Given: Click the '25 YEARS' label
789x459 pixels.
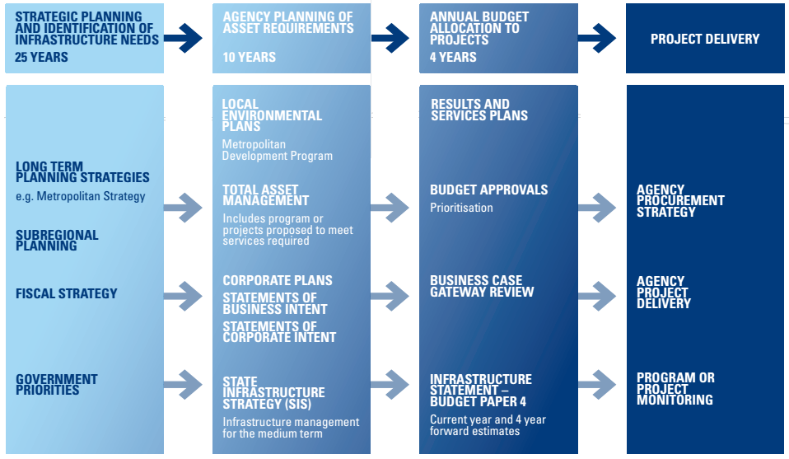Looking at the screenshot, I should pos(42,58).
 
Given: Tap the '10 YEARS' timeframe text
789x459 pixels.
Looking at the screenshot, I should pos(250,58).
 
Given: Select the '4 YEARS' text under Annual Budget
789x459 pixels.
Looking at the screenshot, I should pos(453,58).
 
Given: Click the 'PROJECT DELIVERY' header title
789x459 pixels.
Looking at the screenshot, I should pos(705,39).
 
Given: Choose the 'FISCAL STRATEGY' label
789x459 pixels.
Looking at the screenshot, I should pos(66,293).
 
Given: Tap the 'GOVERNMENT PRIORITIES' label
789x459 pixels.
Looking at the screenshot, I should pos(56,385).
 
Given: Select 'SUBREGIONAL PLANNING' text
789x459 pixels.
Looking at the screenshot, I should pos(57,241).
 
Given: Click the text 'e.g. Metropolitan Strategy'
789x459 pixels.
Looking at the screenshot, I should pos(81,196).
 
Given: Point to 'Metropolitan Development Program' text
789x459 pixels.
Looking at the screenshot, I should pos(278,150).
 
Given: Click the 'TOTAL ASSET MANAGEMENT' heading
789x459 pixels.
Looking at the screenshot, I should pos(266,195).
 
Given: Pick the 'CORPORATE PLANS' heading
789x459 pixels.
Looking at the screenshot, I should pos(278,280).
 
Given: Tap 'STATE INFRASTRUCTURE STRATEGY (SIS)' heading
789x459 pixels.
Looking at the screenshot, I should pos(273,393).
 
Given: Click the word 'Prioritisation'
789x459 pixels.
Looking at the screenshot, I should pos(461,208).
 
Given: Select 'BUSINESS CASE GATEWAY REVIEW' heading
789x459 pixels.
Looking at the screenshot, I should pos(482,286).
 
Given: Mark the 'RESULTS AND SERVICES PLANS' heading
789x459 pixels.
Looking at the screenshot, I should pos(479,110).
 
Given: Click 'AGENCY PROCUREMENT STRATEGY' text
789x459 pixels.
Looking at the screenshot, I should pos(680,201).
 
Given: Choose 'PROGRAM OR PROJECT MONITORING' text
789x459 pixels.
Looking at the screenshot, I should pos(675,389).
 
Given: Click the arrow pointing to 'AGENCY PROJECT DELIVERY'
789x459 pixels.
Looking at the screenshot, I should pos(597,293).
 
